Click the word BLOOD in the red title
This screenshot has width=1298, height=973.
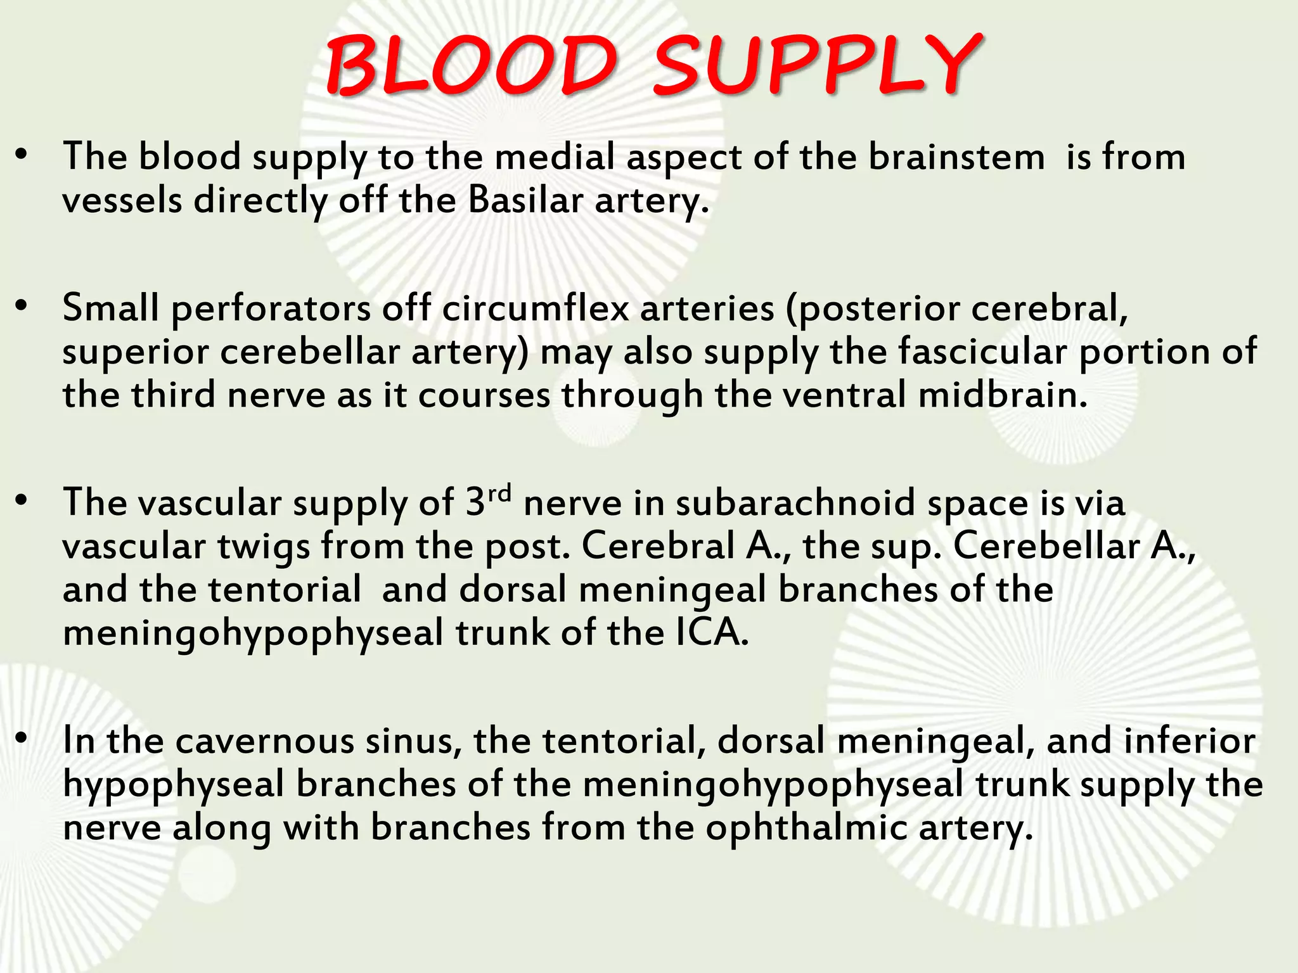point(470,66)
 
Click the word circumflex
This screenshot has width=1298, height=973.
point(536,308)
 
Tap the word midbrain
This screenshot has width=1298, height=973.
point(1003,395)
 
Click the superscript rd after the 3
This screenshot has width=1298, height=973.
point(499,492)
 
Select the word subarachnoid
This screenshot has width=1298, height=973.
point(795,504)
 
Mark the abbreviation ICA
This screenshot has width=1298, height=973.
point(712,633)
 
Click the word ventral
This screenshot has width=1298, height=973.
point(842,395)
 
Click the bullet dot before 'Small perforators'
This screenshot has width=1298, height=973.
point(22,306)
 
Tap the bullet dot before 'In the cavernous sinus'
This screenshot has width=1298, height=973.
point(22,739)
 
